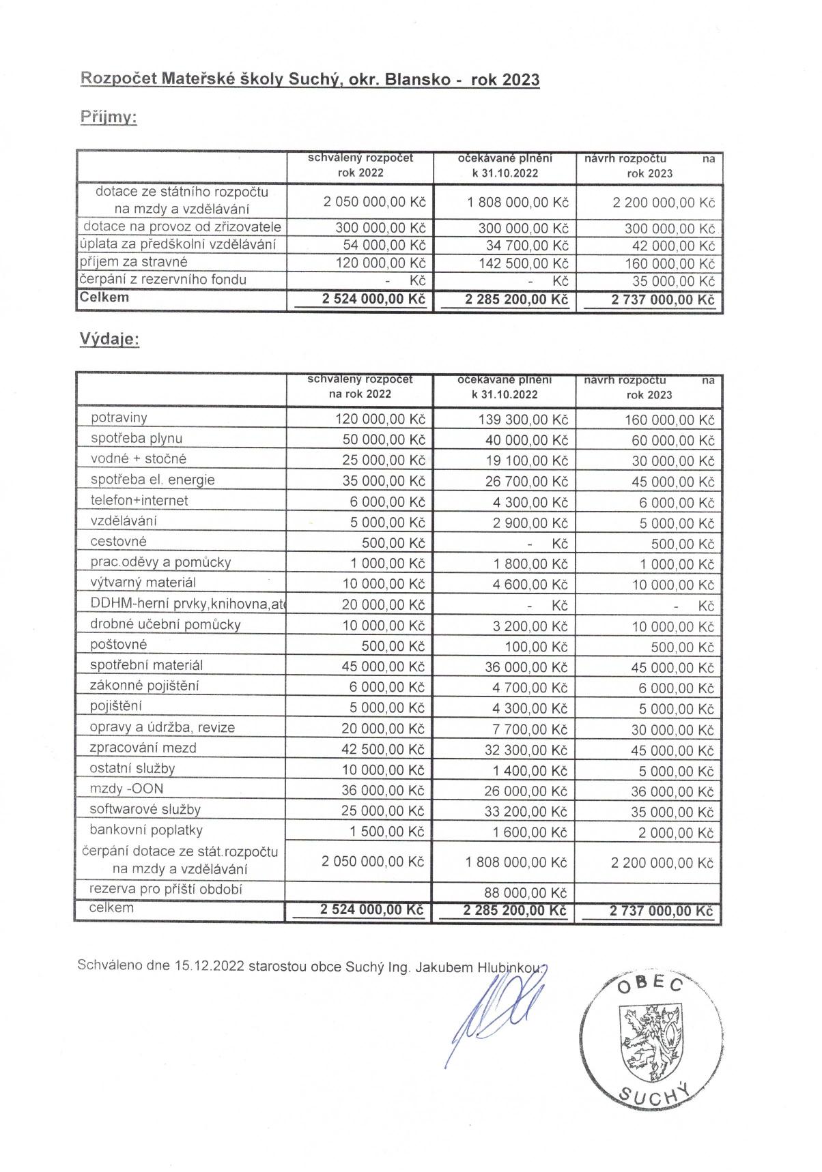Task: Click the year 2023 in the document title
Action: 521,80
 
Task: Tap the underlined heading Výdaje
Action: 109,339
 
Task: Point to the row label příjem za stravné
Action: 133,262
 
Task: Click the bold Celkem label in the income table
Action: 104,297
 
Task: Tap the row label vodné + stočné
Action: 138,459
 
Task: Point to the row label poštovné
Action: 118,645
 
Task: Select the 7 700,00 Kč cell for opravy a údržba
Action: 530,730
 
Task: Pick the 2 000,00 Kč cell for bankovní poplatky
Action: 676,833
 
